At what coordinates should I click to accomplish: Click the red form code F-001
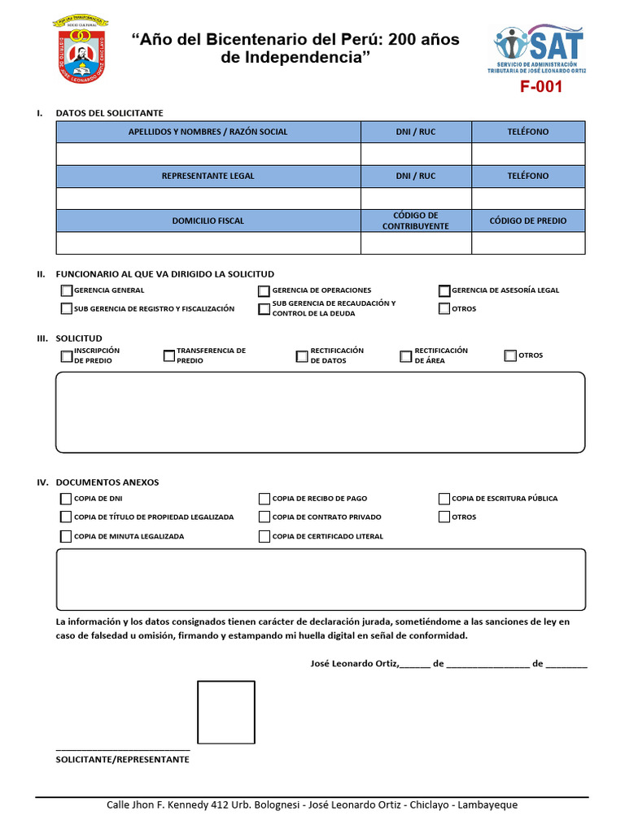[x=541, y=87]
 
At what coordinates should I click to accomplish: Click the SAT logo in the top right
[x=540, y=49]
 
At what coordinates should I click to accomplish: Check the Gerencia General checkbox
[x=66, y=290]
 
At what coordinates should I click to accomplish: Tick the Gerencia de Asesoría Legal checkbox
[x=444, y=290]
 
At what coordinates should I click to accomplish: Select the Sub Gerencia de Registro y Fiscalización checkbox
[x=66, y=308]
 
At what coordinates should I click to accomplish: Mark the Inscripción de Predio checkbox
[x=66, y=355]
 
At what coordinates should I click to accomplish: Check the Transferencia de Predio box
[x=169, y=355]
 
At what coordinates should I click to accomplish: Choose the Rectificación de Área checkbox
[x=406, y=355]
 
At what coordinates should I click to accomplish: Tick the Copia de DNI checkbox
[x=66, y=499]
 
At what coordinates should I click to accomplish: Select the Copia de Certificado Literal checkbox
[x=264, y=536]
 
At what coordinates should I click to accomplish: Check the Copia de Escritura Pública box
[x=444, y=499]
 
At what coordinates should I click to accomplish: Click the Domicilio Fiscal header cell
[x=208, y=220]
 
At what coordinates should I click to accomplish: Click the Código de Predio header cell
[x=528, y=220]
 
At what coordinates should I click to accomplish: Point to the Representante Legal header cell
[x=208, y=176]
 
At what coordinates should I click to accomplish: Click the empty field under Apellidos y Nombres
[x=208, y=154]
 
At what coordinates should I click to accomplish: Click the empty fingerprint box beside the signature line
[x=226, y=713]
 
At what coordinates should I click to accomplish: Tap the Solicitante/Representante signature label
[x=122, y=759]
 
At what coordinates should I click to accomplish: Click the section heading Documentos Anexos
[x=107, y=482]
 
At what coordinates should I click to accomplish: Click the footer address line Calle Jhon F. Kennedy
[x=312, y=805]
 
